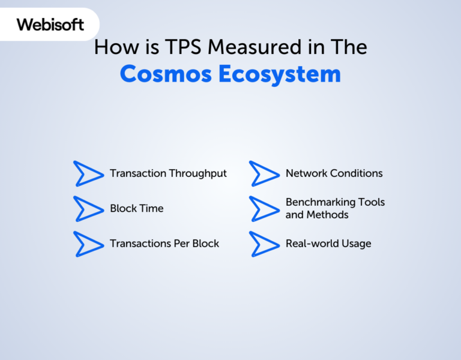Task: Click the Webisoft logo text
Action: (50, 25)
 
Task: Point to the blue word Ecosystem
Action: (279, 74)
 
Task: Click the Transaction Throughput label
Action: (168, 173)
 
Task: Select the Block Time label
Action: (136, 209)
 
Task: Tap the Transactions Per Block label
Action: (164, 244)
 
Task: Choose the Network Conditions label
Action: (334, 173)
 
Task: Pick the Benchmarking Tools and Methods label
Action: (335, 208)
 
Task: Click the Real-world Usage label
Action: (328, 244)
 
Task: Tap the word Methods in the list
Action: (327, 215)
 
